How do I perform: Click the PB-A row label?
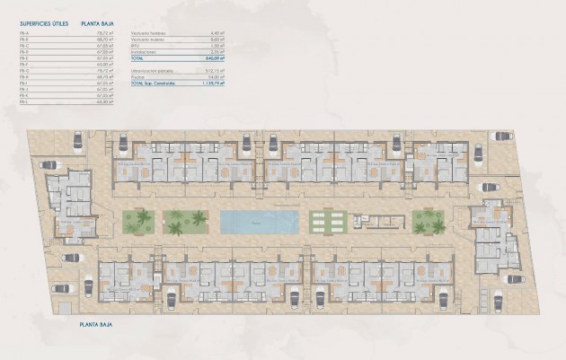tap(22, 33)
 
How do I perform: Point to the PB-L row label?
tap(22, 101)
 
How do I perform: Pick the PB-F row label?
tap(22, 65)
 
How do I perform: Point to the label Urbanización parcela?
tap(150, 70)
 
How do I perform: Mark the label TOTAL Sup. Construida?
tap(155, 83)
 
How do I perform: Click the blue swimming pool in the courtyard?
tap(260, 221)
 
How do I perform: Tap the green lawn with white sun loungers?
tap(326, 222)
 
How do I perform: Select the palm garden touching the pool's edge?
tap(186, 222)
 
